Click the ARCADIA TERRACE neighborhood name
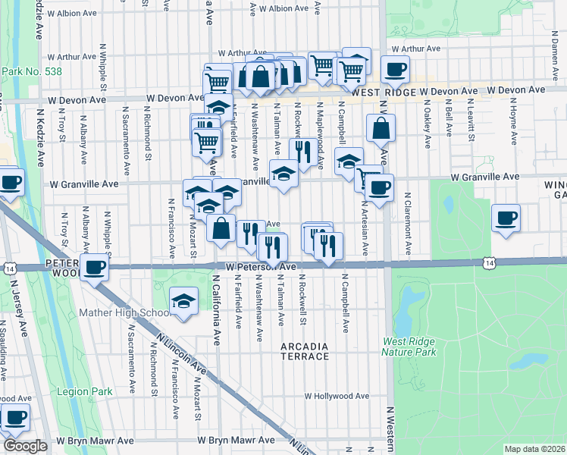[x=305, y=350]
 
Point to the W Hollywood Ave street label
[x=337, y=396]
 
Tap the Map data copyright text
[x=534, y=449]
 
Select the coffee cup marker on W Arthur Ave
[x=394, y=71]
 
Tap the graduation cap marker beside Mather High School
[x=183, y=301]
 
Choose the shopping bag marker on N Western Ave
[x=381, y=128]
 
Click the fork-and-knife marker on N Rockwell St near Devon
[x=302, y=151]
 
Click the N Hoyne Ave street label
[x=514, y=120]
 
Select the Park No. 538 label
[x=32, y=72]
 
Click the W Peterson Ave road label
[x=260, y=267]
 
